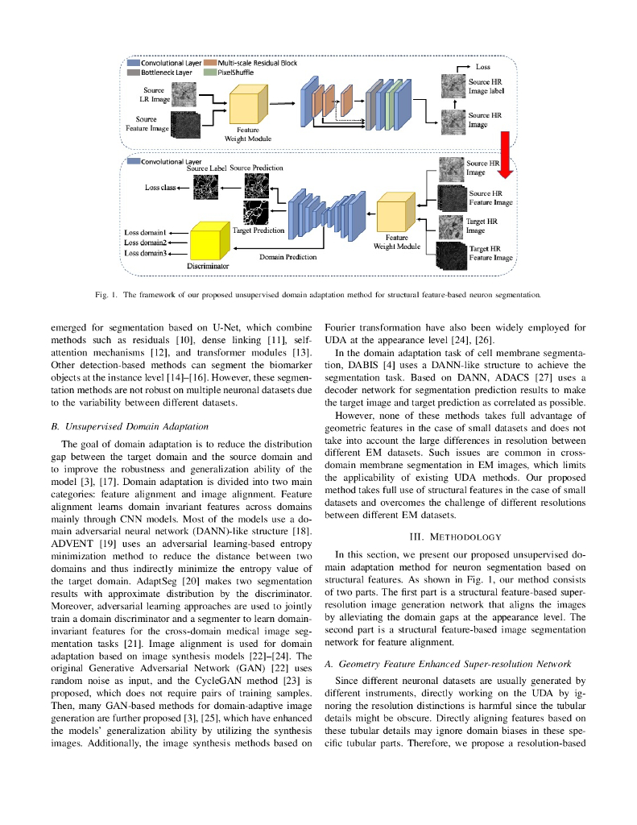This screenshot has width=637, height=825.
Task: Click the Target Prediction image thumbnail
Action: coord(258,212)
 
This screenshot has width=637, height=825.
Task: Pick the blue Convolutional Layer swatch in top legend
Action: coord(134,63)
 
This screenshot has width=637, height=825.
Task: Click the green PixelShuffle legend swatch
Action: coord(211,72)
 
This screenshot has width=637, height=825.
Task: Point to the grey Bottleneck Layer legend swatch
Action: coord(134,72)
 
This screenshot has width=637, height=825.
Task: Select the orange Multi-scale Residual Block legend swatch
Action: coord(211,63)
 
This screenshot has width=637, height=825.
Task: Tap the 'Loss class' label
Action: coord(160,187)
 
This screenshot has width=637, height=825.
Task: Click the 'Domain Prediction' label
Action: coord(287,257)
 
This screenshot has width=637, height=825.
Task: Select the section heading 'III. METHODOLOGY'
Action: coord(455,537)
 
